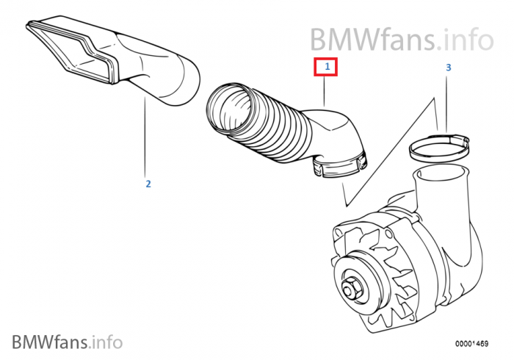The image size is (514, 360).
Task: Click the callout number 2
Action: coord(148,184)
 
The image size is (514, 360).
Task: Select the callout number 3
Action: coord(448,68)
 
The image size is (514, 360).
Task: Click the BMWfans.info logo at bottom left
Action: coord(67,340)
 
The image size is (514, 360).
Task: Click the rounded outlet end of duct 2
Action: coord(180,85)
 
